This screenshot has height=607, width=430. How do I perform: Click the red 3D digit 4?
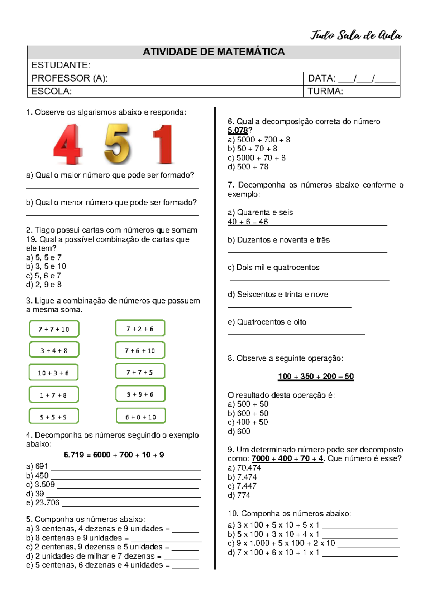[68, 144]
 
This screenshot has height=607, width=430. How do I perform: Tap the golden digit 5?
[117, 144]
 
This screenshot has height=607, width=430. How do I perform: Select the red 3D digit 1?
[164, 144]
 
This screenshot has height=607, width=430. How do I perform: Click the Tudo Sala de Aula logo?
[355, 35]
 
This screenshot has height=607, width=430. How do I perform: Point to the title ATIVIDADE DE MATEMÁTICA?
[214, 52]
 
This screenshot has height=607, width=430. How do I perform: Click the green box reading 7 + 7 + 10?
[54, 329]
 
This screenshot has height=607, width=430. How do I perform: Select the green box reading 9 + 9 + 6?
[140, 394]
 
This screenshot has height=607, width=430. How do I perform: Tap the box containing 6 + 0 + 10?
[140, 417]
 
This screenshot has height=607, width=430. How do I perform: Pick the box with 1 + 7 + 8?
[53, 395]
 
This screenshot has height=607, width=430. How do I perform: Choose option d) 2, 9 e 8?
[44, 285]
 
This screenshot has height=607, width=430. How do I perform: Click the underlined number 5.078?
[238, 131]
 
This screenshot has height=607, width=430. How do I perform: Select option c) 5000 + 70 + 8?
[257, 158]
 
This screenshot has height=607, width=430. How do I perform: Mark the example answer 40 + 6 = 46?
[248, 222]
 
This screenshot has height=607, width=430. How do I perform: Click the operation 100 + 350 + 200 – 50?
[316, 377]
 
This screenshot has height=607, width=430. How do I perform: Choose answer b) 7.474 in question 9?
[242, 477]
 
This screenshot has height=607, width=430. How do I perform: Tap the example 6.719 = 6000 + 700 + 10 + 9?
[114, 455]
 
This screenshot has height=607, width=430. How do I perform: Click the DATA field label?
[321, 78]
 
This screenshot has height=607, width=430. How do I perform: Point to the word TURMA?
[325, 92]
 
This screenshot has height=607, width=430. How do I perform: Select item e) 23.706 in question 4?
[43, 502]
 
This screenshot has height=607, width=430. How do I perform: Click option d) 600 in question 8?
[239, 432]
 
